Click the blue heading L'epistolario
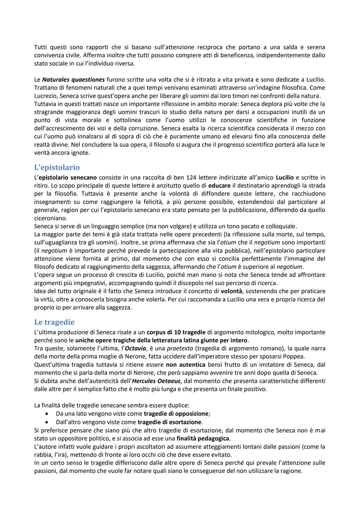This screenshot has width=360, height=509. (57, 167)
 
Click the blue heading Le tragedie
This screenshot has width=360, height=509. (54, 322)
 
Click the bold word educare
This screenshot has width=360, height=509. (219, 185)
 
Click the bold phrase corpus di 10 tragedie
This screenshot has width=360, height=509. (176, 332)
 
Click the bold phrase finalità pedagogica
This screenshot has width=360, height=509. (203, 438)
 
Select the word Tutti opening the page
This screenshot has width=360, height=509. (41, 47)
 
